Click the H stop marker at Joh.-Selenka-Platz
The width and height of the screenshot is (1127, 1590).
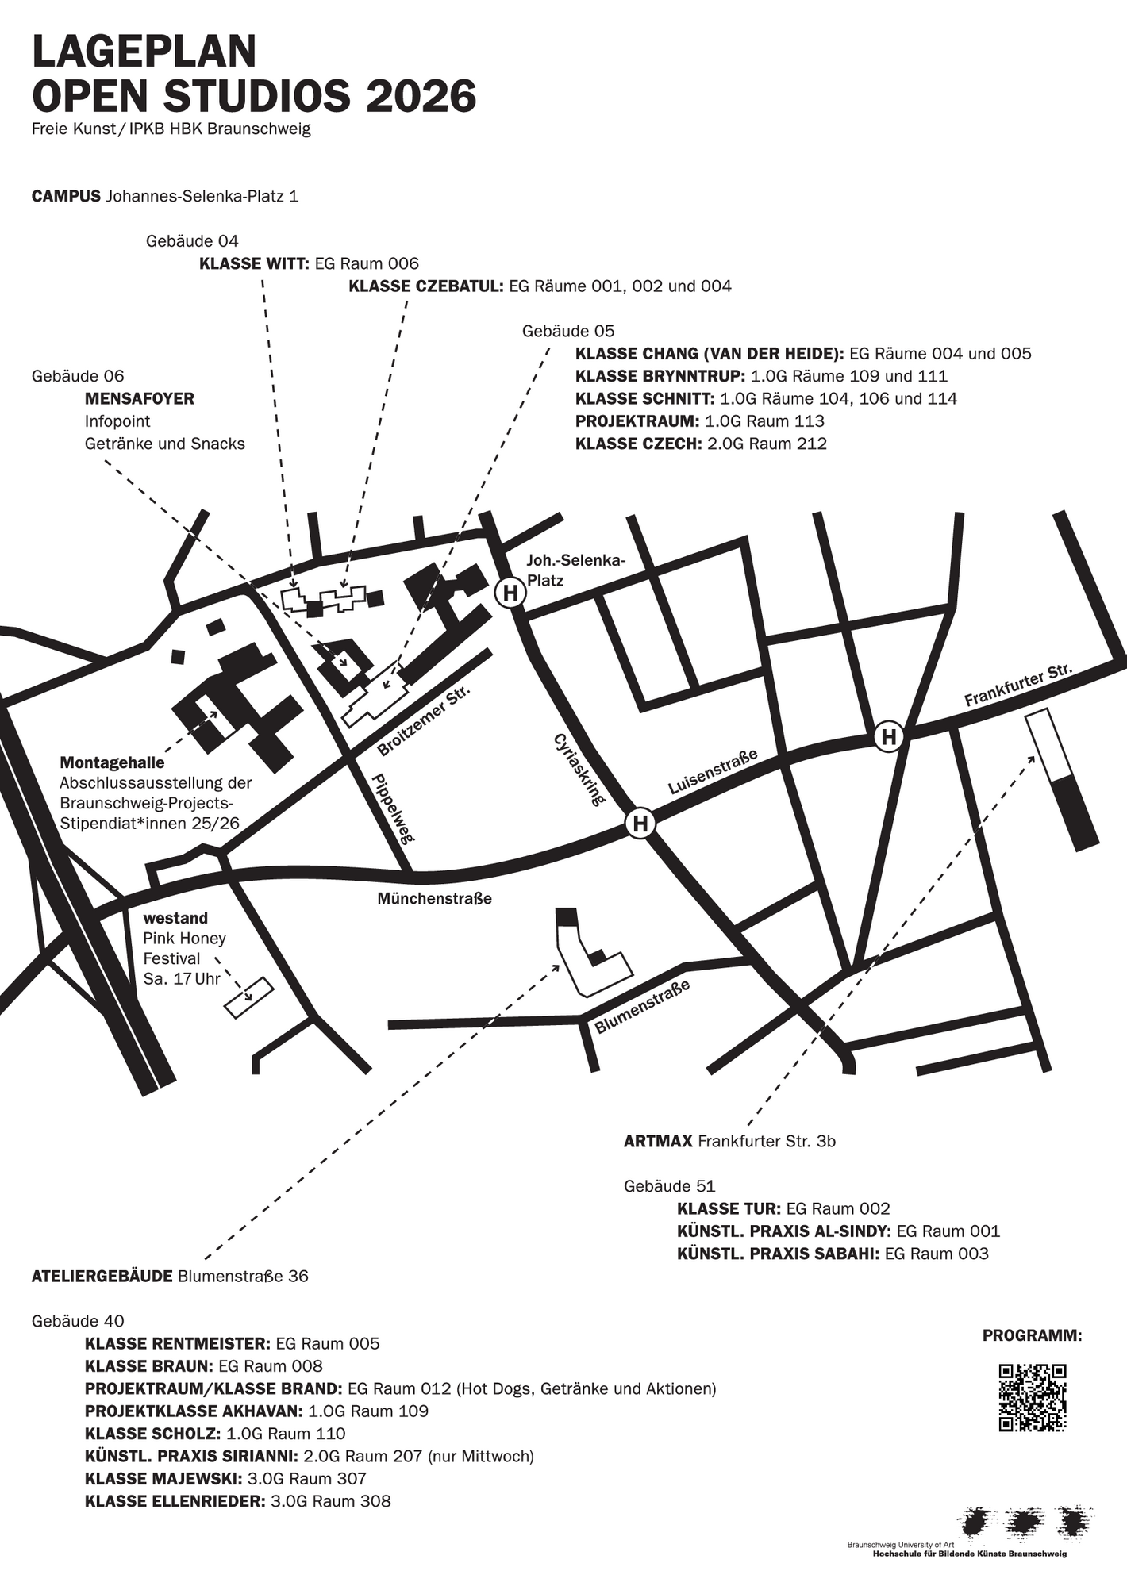pos(510,593)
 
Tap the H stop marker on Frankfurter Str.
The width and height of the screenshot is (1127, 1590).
pos(889,737)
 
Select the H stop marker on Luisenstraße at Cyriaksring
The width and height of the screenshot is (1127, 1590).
pos(640,824)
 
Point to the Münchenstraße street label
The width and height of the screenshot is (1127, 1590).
pos(434,899)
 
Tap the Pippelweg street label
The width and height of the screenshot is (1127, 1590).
pos(393,809)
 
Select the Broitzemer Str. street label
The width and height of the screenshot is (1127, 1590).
pos(424,720)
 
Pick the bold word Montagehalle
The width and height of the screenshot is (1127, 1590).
pos(112,763)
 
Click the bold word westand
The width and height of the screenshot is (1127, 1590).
pos(175,918)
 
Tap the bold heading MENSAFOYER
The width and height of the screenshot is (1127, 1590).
pos(139,398)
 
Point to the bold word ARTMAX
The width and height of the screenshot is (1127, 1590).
pos(658,1142)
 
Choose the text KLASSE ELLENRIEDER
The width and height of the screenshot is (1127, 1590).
pos(175,1501)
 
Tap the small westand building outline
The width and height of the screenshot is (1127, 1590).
pos(248,997)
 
